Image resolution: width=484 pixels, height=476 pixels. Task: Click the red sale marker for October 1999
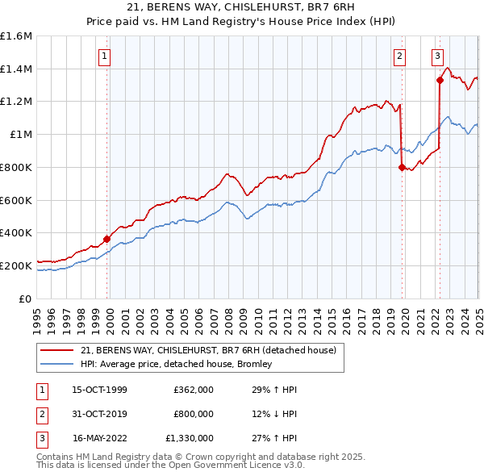(x=106, y=238)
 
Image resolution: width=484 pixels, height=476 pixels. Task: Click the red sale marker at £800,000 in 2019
(x=402, y=167)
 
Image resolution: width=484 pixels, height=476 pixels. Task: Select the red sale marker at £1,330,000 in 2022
(x=440, y=80)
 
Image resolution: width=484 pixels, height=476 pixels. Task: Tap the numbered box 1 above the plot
(x=106, y=56)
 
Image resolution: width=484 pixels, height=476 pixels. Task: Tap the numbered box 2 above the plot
(x=399, y=56)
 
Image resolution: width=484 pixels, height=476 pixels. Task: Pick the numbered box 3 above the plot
(x=436, y=56)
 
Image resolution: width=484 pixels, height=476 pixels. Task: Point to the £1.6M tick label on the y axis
(x=16, y=36)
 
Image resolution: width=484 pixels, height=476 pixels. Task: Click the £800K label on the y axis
(x=16, y=167)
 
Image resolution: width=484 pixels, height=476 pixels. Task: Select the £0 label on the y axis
(x=26, y=299)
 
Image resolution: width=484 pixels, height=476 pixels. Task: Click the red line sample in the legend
(x=57, y=350)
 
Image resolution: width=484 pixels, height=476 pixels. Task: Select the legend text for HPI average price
(x=177, y=364)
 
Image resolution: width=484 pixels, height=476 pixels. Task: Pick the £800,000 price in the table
(x=193, y=414)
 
